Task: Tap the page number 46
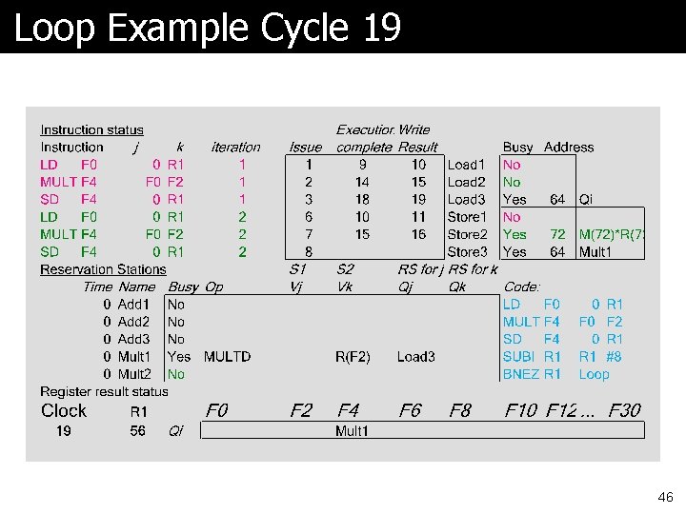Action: pos(665,497)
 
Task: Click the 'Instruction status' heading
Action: pos(91,129)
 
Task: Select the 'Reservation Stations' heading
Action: pos(103,269)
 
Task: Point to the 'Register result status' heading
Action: pos(104,391)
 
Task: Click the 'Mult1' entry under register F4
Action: pos(352,431)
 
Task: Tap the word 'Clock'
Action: pos(64,410)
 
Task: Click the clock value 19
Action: pos(64,431)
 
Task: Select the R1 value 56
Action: pos(138,431)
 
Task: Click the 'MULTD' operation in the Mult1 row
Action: pos(227,357)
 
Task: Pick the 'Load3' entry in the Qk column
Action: pos(415,357)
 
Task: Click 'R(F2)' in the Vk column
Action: pos(353,357)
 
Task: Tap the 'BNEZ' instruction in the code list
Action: pos(520,374)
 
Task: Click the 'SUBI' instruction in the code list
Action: pos(520,357)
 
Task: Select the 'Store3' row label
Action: pos(467,252)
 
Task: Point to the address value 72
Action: pos(557,234)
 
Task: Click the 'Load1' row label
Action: pos(466,165)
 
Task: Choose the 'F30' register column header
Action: pos(624,410)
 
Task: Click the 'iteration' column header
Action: pos(235,148)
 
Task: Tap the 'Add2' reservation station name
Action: pos(133,322)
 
